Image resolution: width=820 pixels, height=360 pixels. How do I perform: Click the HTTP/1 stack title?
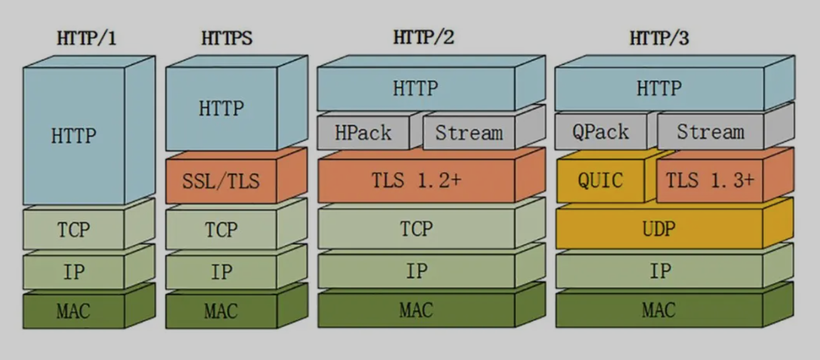click(x=87, y=38)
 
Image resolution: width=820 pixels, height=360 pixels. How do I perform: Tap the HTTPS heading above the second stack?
click(x=226, y=38)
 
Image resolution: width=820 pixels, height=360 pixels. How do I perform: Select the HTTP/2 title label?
click(x=424, y=37)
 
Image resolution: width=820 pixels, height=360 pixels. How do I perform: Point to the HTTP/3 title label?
click(x=659, y=38)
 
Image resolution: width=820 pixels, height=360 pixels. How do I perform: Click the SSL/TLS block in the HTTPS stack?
click(x=221, y=181)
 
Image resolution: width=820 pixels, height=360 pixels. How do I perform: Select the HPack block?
click(x=364, y=132)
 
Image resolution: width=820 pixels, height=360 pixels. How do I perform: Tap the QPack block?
click(x=600, y=132)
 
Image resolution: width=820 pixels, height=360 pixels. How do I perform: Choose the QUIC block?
click(x=600, y=181)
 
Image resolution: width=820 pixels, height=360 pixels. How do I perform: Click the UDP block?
click(x=659, y=229)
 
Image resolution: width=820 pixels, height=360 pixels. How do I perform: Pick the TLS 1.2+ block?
click(x=416, y=181)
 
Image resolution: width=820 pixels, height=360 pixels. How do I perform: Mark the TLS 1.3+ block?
click(x=709, y=180)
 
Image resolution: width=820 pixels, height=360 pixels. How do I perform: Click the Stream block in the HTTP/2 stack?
click(x=469, y=132)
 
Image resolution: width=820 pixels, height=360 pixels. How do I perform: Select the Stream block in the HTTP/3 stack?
click(x=710, y=132)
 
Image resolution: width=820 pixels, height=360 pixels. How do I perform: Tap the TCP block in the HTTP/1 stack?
click(x=74, y=229)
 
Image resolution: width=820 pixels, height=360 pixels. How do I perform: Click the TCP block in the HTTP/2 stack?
click(x=416, y=229)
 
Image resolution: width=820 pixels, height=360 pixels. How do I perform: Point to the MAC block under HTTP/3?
click(x=659, y=310)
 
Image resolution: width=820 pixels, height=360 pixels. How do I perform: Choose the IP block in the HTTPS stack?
click(x=221, y=272)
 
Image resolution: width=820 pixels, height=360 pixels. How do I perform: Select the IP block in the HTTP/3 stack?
click(x=659, y=271)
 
